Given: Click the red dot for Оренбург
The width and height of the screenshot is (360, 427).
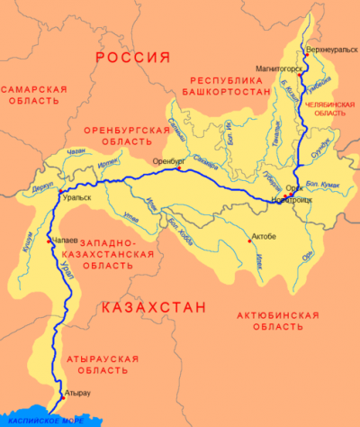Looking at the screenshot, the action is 180,168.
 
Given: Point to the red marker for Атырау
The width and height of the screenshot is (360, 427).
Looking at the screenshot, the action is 60,392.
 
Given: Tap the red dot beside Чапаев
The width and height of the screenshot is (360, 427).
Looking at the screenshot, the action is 50,241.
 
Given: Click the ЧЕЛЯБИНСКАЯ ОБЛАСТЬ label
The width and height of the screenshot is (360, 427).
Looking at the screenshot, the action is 329,108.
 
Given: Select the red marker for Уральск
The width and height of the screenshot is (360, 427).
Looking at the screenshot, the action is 59,192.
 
